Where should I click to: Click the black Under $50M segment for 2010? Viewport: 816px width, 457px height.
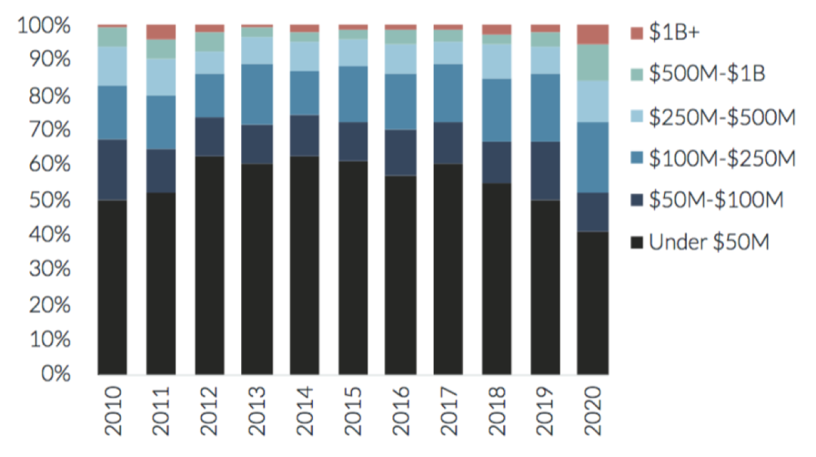pos(112,287)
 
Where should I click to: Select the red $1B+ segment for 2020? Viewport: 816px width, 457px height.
pos(592,34)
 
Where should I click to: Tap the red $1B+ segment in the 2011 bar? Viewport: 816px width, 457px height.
pos(160,31)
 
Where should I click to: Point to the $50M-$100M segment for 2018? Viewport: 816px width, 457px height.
pos(496,162)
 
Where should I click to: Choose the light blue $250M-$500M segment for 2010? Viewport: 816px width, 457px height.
pos(112,66)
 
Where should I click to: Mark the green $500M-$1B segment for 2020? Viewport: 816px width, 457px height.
pos(592,62)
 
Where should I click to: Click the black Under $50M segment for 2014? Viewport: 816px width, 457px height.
pos(304,265)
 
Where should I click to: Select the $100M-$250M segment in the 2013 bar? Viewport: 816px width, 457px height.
pos(256,94)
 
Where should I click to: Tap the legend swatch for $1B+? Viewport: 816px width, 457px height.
pos(636,32)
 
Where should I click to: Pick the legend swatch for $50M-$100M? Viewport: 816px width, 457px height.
pos(636,200)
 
